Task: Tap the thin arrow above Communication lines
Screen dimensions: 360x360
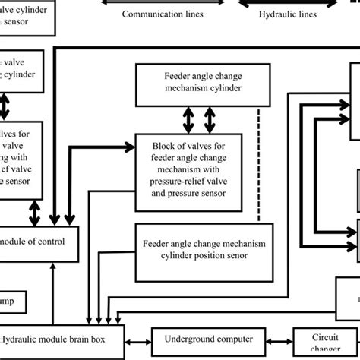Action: pos(163,2)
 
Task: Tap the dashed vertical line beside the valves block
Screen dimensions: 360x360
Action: pos(260,167)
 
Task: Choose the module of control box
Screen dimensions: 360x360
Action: pos(38,242)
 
